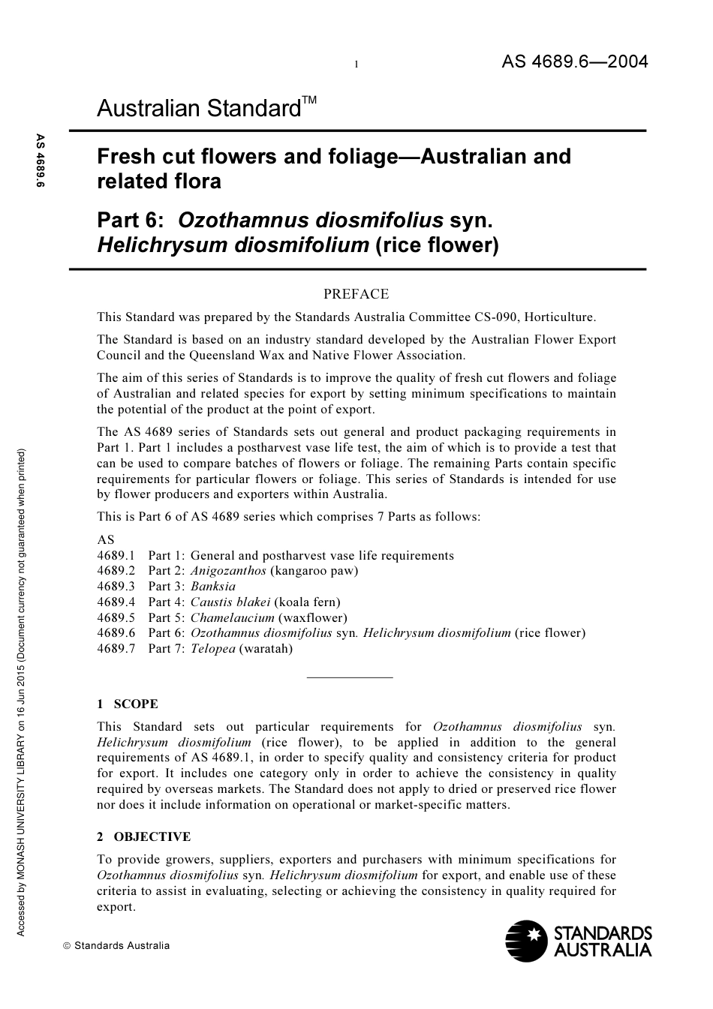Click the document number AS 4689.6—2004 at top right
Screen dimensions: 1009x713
click(x=574, y=62)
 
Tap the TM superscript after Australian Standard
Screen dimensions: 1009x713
click(x=309, y=100)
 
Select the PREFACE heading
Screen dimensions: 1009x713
click(x=356, y=294)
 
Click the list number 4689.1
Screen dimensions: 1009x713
click(x=116, y=556)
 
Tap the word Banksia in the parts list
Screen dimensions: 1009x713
click(x=213, y=587)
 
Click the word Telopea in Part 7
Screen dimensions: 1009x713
click(x=213, y=648)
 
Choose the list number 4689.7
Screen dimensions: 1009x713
click(x=116, y=648)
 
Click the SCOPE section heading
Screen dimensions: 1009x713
click(x=135, y=704)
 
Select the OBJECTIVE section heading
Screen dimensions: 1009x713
click(x=152, y=837)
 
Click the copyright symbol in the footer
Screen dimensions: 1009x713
click(x=67, y=946)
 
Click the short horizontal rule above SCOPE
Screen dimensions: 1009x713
click(x=350, y=677)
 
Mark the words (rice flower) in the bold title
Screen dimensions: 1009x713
click(x=436, y=245)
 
